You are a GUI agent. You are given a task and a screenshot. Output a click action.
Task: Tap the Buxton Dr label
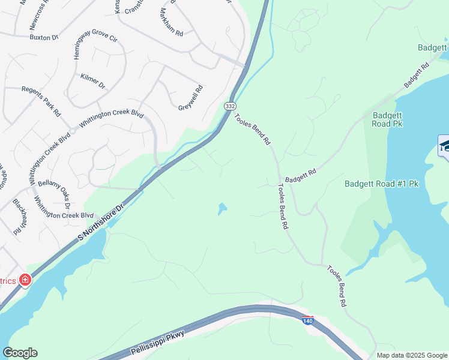43,37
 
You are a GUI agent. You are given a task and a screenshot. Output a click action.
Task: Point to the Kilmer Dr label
92,82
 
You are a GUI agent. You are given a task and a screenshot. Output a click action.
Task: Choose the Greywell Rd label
191,98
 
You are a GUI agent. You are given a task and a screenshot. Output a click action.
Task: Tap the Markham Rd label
171,23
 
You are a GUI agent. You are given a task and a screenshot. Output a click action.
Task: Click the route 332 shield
230,106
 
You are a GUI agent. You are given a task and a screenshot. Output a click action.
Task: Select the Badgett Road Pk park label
387,119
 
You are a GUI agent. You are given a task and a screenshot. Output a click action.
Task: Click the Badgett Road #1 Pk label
381,184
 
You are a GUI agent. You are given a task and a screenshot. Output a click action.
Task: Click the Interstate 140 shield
307,320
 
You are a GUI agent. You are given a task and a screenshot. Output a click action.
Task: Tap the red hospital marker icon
25,280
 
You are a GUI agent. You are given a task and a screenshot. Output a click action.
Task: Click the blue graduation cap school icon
444,146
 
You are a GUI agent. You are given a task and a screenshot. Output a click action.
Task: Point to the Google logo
20,353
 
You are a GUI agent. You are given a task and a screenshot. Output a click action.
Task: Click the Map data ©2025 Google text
411,355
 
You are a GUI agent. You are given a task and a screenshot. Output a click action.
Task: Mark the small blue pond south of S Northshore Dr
222,209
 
